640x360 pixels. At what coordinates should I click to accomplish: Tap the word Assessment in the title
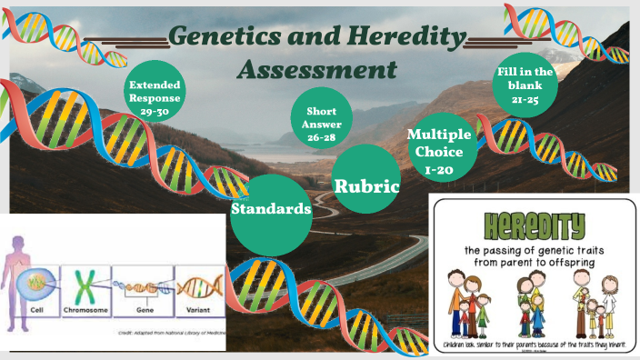coord(317,69)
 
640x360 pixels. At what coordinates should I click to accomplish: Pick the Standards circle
coord(271,209)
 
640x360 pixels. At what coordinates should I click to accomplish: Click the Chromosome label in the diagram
coord(85,309)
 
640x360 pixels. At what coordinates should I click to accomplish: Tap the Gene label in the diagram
coord(142,309)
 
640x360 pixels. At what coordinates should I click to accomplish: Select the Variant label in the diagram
coord(197,309)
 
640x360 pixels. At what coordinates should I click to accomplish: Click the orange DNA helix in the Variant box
coord(197,286)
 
